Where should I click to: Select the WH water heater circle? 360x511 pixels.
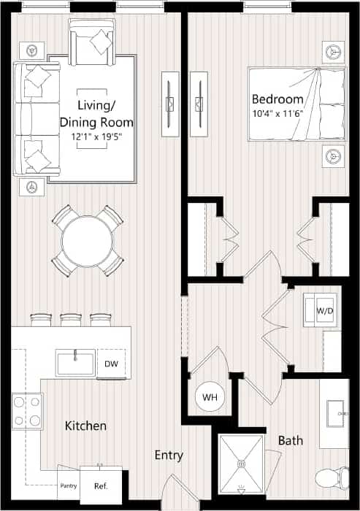210,398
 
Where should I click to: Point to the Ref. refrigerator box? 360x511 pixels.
102,485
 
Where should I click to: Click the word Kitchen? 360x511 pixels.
85,426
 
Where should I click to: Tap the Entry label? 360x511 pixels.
168,456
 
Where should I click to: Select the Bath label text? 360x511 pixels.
290,441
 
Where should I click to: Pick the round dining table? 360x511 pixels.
87,241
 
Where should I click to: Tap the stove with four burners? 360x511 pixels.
27,410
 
